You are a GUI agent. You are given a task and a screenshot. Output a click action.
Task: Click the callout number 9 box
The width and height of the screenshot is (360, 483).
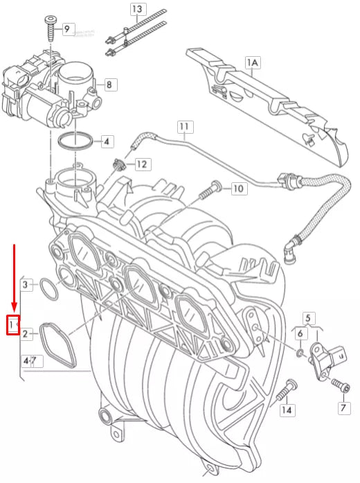[x=67, y=28]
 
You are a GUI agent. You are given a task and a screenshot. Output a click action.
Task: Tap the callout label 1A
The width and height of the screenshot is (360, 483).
[x=253, y=63]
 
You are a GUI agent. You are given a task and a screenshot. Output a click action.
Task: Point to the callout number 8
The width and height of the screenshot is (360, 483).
[x=109, y=85]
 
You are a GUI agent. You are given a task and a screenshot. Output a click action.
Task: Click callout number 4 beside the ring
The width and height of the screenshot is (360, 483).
[x=105, y=142]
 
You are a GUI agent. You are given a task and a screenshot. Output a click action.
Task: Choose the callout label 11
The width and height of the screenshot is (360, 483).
[x=183, y=127]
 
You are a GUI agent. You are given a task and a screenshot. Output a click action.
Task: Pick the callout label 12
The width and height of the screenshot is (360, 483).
[x=141, y=164]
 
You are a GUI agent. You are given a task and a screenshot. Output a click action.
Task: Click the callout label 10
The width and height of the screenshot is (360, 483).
[x=237, y=188]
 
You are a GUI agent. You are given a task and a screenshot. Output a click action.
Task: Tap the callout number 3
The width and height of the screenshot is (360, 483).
[x=26, y=285]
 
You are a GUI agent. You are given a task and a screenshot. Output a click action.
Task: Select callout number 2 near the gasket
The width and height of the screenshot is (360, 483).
[x=26, y=335]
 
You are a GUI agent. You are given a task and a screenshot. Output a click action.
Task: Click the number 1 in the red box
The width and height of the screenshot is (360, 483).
[x=12, y=324]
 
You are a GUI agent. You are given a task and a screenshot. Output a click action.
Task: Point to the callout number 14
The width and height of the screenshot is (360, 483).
[x=287, y=410]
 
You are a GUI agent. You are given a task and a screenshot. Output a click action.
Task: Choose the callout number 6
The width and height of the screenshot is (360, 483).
[x=300, y=334]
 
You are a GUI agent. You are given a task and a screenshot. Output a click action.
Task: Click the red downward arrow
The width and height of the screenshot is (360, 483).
[x=13, y=277]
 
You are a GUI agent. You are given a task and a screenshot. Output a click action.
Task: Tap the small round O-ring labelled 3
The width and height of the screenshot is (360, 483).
[x=48, y=290]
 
